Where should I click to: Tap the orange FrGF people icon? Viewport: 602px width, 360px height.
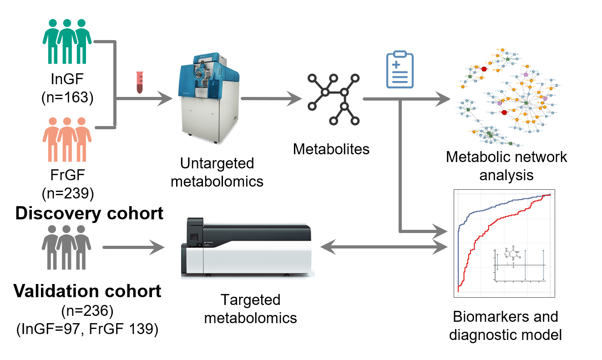[x=67, y=139]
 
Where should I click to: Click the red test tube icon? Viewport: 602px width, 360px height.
[x=140, y=83]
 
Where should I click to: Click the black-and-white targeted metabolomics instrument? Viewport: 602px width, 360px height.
[x=248, y=248]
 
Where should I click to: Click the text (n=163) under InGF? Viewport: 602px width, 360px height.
[x=67, y=97]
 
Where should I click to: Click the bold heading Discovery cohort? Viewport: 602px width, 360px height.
[x=89, y=213]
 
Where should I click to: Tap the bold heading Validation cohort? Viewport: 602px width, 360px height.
[x=87, y=291]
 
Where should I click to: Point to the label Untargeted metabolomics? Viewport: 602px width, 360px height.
[x=222, y=172]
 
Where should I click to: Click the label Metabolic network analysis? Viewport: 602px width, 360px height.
[x=506, y=166]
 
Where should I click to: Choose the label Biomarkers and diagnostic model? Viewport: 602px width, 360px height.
[x=505, y=326]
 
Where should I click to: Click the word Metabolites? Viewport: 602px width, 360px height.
[x=331, y=148]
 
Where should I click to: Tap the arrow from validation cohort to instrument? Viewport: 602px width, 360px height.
[x=134, y=248]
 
